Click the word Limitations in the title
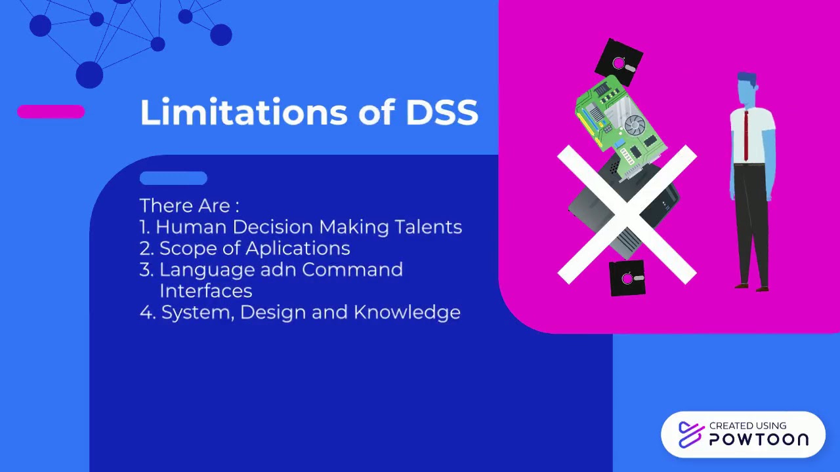point(243,112)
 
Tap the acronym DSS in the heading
point(442,112)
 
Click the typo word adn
point(278,269)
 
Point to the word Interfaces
point(205,290)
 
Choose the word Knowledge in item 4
point(407,312)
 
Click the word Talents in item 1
point(428,227)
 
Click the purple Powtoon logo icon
point(691,435)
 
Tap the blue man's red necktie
point(745,135)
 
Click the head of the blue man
point(747,89)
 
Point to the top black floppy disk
point(618,62)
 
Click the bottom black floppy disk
point(627,279)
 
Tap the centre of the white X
point(627,214)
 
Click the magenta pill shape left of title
point(51,112)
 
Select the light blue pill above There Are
point(173,178)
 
